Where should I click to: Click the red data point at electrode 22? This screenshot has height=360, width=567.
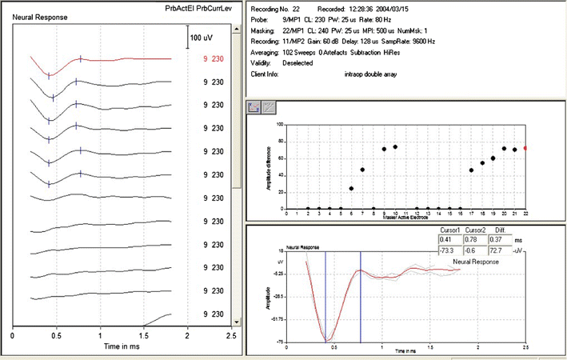525,148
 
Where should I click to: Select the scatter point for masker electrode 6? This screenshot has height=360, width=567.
352,188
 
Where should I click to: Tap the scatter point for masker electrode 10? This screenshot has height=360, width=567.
395,147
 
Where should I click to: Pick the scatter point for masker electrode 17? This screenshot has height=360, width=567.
471,170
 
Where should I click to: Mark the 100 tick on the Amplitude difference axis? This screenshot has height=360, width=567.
278,124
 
